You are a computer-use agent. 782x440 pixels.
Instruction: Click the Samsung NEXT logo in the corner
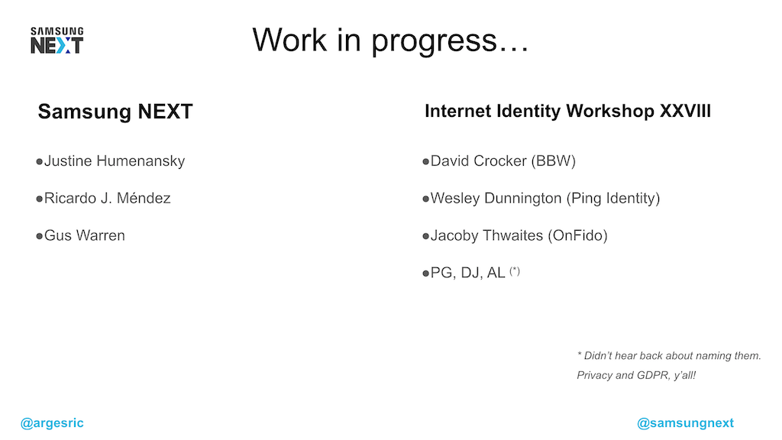[x=57, y=40]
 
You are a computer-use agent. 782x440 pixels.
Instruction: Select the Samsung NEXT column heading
[x=115, y=112]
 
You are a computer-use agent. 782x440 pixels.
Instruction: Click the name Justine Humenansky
[x=115, y=161]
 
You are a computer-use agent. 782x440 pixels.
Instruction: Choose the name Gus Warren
[x=84, y=235]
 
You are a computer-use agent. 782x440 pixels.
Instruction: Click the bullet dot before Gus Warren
[x=39, y=236]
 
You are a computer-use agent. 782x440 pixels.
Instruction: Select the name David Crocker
[x=479, y=161]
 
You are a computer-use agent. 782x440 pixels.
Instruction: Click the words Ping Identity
[x=612, y=199]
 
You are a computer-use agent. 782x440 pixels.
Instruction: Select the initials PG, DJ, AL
[x=467, y=273]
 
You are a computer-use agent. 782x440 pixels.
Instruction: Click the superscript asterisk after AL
[x=515, y=270]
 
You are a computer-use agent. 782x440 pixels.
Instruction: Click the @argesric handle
[x=53, y=423]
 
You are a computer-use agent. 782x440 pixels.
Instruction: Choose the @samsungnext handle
[x=685, y=423]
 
